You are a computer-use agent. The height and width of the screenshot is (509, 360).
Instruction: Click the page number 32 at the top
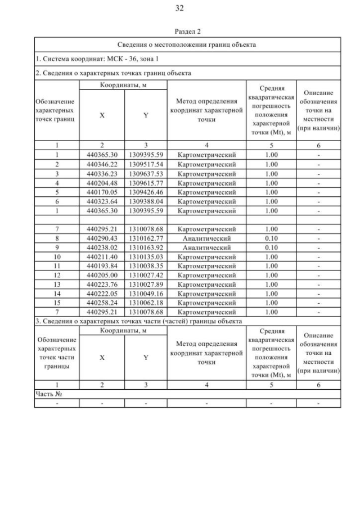point(179,8)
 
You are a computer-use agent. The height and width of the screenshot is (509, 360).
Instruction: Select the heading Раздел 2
point(187,31)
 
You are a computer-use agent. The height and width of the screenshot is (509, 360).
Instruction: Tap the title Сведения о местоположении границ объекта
point(187,44)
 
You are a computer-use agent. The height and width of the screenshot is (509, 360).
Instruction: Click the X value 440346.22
point(102,164)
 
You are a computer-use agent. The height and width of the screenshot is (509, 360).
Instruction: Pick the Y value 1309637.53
point(145,173)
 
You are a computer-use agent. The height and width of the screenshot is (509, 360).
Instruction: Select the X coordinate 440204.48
point(102,183)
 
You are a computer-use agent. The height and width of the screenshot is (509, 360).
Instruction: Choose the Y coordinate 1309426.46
point(145,192)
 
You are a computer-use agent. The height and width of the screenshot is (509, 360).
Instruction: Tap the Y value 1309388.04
point(145,201)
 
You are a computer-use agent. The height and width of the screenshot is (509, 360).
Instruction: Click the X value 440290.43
point(102,238)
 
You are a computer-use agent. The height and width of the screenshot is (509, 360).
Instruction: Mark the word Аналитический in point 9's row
point(206,247)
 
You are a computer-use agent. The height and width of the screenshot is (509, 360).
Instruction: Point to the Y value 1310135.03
point(145,257)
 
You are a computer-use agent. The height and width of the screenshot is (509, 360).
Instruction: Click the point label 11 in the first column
point(57,266)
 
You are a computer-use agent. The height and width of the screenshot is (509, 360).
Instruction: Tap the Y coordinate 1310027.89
point(145,285)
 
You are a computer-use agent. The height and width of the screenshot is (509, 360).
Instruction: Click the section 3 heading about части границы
point(138,321)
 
